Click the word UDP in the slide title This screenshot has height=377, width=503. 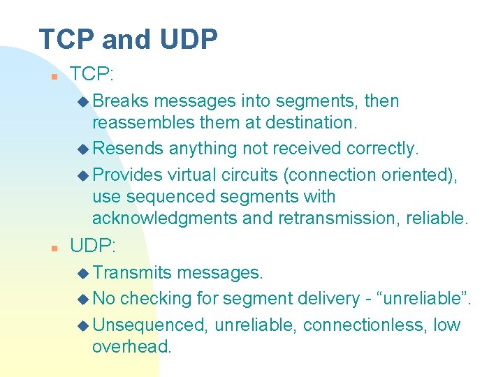[x=188, y=40]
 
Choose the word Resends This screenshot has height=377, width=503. [x=128, y=149]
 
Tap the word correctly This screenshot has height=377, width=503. [x=381, y=149]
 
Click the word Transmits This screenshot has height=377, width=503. [x=132, y=273]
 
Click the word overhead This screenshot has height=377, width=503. [x=131, y=347]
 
